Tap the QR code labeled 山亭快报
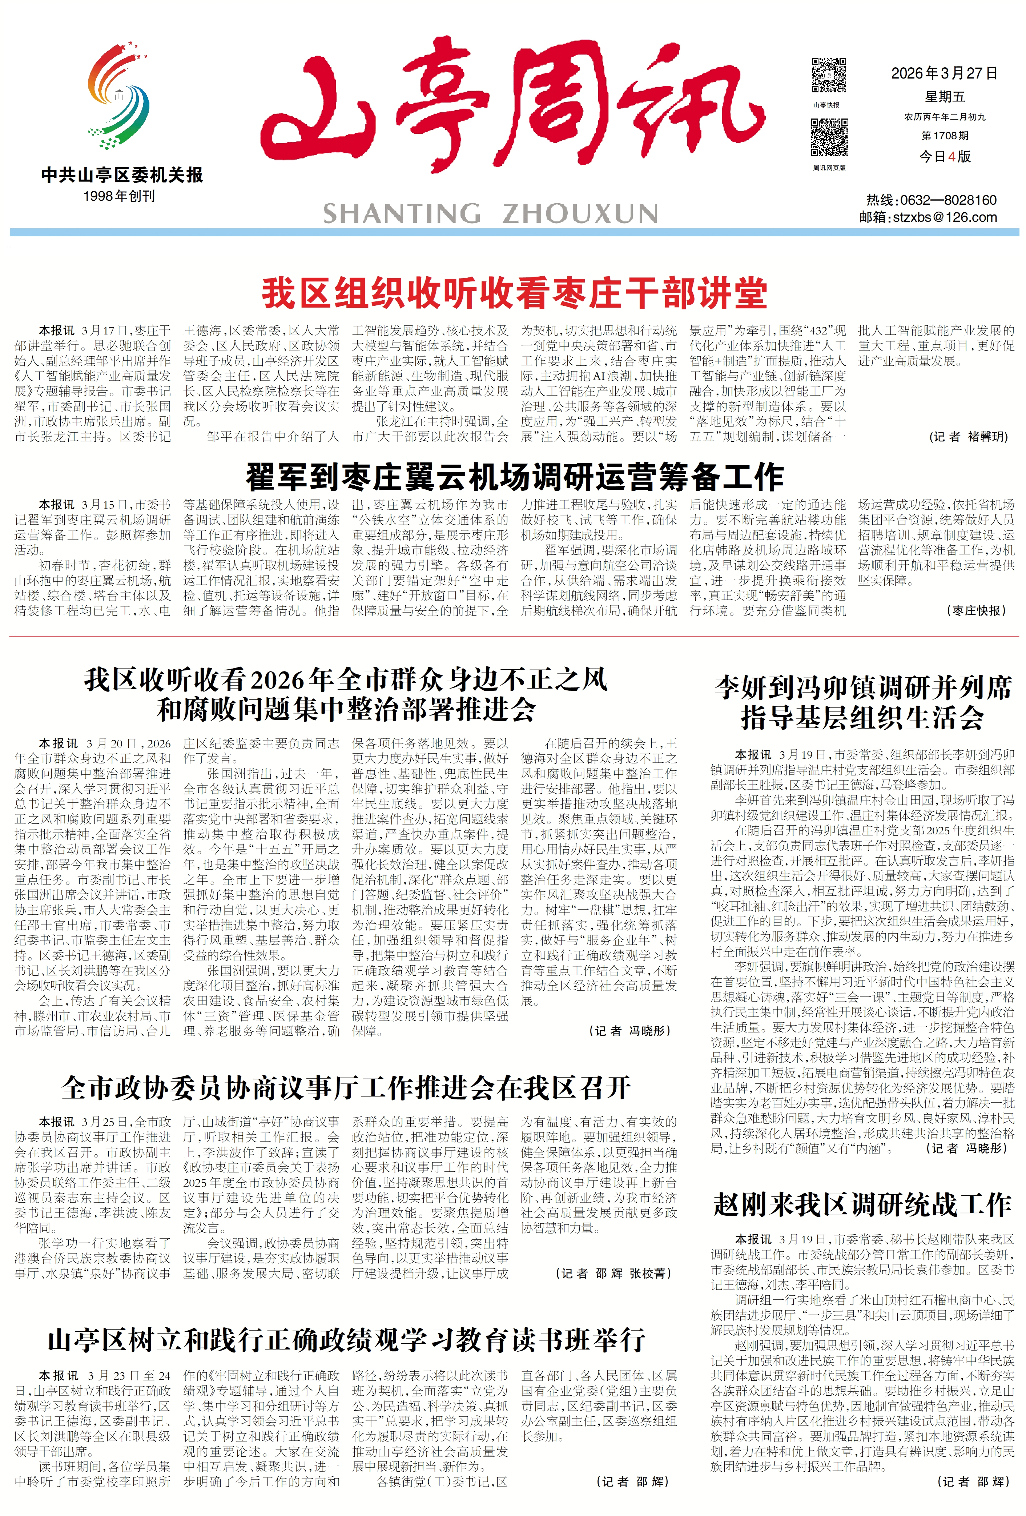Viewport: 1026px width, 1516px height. point(828,76)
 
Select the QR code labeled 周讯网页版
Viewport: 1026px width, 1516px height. point(829,138)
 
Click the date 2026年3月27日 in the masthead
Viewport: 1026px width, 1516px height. point(944,73)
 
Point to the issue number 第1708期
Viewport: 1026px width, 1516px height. point(945,136)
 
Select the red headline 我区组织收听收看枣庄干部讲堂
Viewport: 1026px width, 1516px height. point(514,293)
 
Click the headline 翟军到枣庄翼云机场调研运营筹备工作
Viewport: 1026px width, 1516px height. point(514,477)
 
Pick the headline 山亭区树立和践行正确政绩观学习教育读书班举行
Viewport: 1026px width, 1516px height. point(346,1340)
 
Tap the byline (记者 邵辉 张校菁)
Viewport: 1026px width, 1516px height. point(613,1273)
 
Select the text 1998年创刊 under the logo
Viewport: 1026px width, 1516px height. point(119,196)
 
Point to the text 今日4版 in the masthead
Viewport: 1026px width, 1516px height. point(945,157)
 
